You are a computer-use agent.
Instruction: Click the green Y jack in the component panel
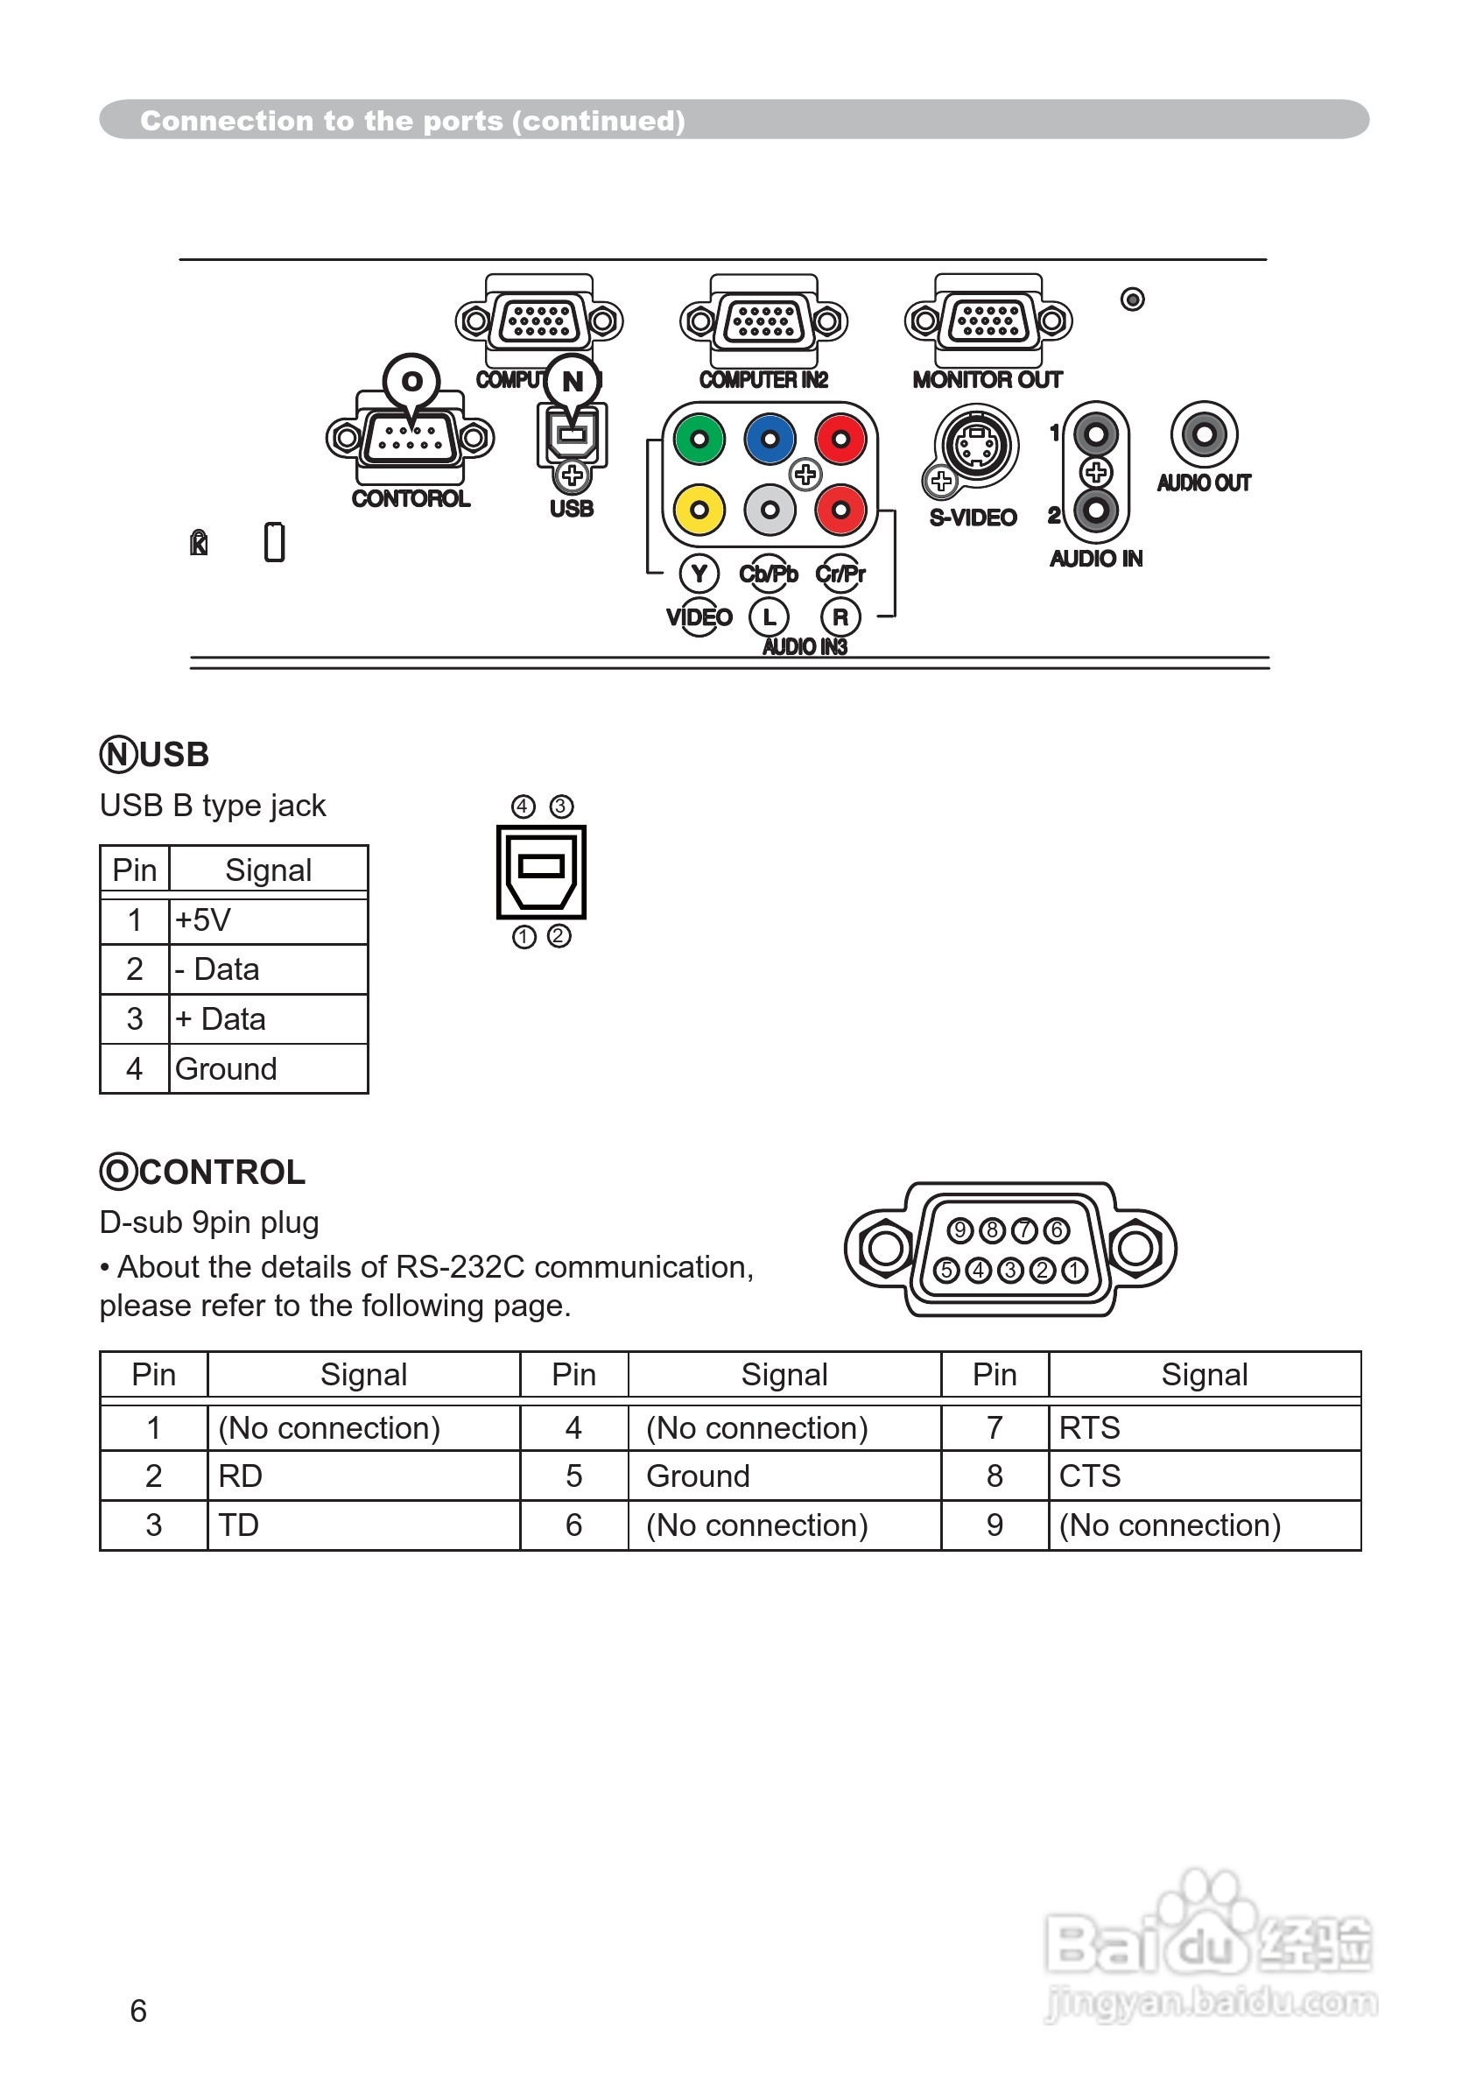click(699, 440)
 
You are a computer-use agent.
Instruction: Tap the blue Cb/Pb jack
click(770, 440)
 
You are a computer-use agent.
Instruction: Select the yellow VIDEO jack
click(699, 510)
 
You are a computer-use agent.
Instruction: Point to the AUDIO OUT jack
click(1204, 434)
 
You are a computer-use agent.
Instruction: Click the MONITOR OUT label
click(987, 379)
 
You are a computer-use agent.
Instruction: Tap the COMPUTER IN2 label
click(763, 379)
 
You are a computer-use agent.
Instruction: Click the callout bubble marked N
click(572, 382)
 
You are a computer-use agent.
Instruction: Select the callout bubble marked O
click(411, 382)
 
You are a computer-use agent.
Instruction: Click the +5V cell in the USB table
click(268, 920)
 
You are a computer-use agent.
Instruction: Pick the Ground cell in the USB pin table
click(268, 1069)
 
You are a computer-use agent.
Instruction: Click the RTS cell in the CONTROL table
click(1204, 1428)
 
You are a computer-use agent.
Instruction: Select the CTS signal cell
click(1204, 1476)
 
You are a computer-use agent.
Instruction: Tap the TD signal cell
click(363, 1525)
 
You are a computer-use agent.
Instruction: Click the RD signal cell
click(363, 1476)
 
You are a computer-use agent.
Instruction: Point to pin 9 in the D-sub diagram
click(959, 1230)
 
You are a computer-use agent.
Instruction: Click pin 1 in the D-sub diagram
click(1074, 1271)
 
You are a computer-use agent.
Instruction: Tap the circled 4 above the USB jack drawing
click(523, 807)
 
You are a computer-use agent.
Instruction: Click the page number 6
click(138, 2011)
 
